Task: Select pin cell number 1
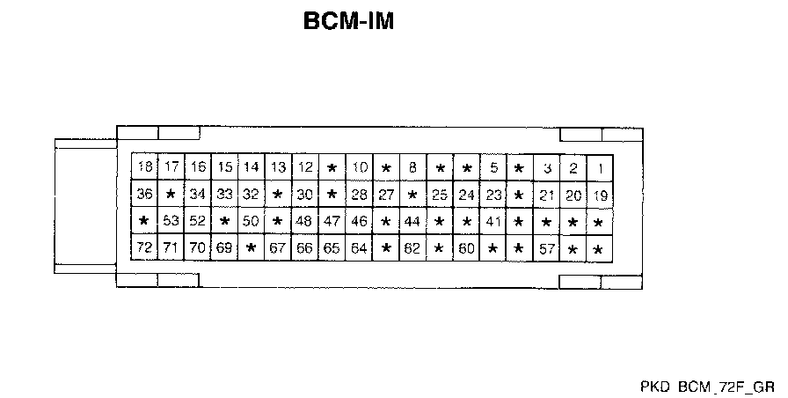[x=600, y=167]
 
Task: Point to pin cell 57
[x=547, y=248]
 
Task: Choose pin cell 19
[x=600, y=195]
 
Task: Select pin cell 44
[x=412, y=222]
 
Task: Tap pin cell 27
[x=385, y=195]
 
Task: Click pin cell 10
[x=359, y=167]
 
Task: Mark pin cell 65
[x=332, y=248]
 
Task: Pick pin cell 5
[x=493, y=167]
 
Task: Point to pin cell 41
[x=493, y=222]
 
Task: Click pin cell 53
[x=171, y=222]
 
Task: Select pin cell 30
[x=305, y=195]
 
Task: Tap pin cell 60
[x=466, y=248]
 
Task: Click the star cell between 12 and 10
[x=332, y=167]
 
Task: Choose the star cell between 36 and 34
[x=171, y=195]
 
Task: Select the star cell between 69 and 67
[x=252, y=248]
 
